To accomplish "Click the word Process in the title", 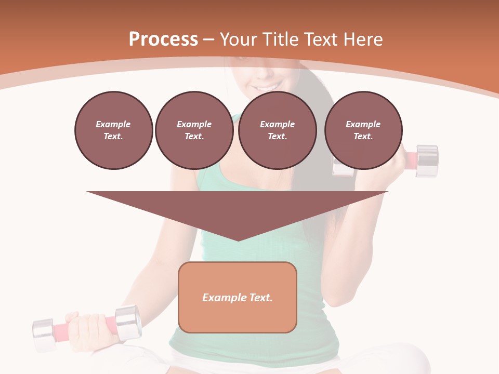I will point(163,39).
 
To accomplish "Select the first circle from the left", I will point(113,130).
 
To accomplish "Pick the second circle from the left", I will point(194,130).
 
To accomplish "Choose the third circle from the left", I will point(277,130).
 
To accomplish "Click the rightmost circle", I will point(363,130).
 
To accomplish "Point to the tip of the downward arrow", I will point(238,240).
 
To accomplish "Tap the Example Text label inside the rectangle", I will point(238,298).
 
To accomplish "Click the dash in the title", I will point(208,39).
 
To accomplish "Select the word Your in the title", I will point(239,39).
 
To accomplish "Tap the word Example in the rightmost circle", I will point(363,124).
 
